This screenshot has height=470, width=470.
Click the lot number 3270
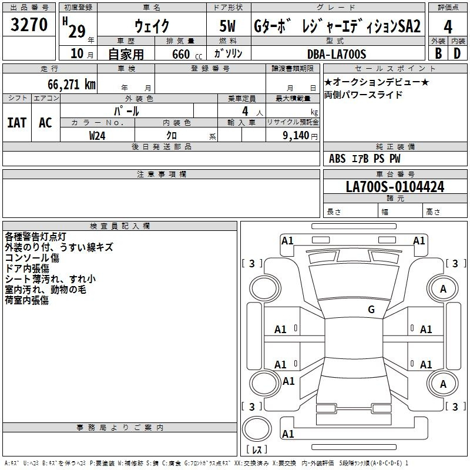(x=29, y=24)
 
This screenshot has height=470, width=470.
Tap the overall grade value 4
(x=448, y=27)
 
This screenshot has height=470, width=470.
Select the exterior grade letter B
(x=438, y=53)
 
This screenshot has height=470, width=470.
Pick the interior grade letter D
(x=457, y=53)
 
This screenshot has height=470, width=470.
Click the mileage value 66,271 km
(x=72, y=85)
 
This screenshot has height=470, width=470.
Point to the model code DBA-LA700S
(x=337, y=54)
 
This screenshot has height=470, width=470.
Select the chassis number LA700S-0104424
(x=395, y=187)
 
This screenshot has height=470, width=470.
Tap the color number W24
(x=97, y=136)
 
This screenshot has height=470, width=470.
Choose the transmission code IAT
(x=17, y=123)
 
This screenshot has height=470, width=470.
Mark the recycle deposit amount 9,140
(x=296, y=136)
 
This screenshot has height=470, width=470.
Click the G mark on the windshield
(x=371, y=309)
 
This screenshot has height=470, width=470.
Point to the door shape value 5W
(x=227, y=26)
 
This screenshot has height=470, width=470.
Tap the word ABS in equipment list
(x=337, y=159)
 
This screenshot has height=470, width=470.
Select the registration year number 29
(x=77, y=31)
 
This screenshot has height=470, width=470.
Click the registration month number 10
(x=77, y=53)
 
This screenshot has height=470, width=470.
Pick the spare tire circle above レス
(x=257, y=429)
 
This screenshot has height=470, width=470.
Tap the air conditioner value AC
(x=45, y=123)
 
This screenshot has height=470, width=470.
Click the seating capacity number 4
(x=245, y=111)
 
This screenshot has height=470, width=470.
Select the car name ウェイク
(x=152, y=26)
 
